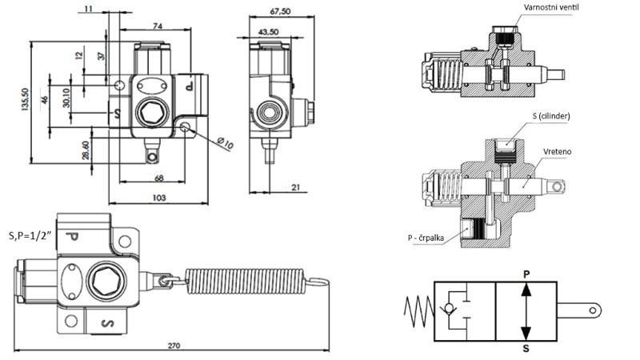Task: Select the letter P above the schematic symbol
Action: (526, 272)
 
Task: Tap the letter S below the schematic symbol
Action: (526, 350)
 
